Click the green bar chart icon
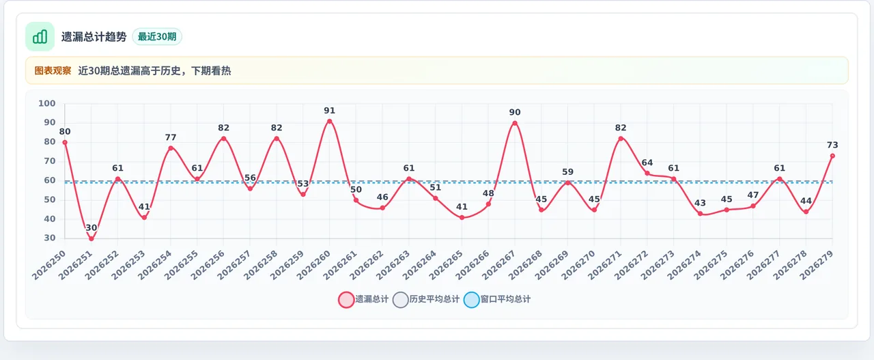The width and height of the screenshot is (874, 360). click(x=40, y=37)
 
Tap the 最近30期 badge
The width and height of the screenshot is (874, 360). click(x=157, y=37)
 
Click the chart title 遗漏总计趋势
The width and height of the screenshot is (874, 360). click(x=94, y=37)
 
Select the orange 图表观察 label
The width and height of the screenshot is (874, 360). click(x=53, y=70)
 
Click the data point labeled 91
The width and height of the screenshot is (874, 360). click(x=329, y=122)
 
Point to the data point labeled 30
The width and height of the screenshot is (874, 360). click(x=91, y=238)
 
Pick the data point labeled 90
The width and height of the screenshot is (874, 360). click(x=515, y=124)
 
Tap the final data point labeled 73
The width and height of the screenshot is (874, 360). click(x=832, y=156)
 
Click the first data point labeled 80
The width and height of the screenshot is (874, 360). click(x=65, y=143)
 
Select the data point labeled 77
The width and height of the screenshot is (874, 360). click(x=171, y=148)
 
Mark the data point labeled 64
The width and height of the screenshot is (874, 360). click(x=647, y=174)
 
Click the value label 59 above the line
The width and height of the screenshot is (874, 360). click(x=567, y=171)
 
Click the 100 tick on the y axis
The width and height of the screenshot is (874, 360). click(x=47, y=103)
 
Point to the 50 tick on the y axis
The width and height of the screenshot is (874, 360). click(x=50, y=200)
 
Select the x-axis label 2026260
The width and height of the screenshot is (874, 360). click(x=313, y=265)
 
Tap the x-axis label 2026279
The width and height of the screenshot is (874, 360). click(x=816, y=265)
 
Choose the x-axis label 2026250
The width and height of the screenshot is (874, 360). click(x=48, y=265)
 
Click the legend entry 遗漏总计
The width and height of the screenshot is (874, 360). click(x=364, y=299)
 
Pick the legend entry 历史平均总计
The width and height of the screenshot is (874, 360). click(x=426, y=299)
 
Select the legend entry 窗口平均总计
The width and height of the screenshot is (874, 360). click(x=497, y=299)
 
